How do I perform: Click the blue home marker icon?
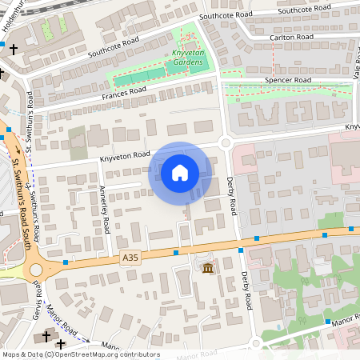pos(180,173)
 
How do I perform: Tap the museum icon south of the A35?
pos(207,266)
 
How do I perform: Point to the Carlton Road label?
pos(293,37)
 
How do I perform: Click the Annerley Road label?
pos(105,210)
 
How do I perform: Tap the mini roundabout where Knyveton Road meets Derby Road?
pos(225,143)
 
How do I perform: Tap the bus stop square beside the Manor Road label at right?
pos(327,322)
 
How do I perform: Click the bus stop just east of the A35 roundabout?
pos(66,262)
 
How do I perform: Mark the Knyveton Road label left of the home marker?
pos(125,158)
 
